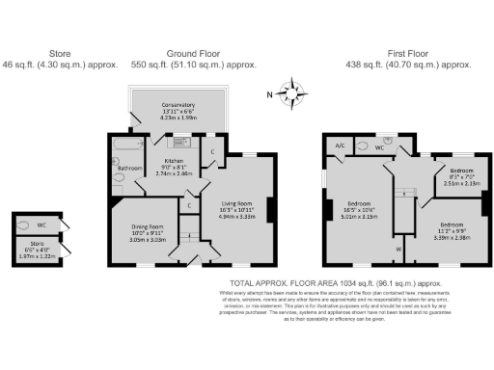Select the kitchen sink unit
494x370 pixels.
tap(179, 143)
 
